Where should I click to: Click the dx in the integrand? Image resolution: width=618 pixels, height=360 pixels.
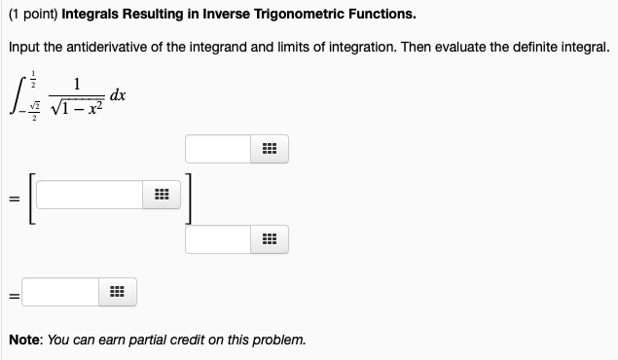click(118, 95)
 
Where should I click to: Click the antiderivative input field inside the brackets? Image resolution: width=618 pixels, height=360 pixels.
click(91, 195)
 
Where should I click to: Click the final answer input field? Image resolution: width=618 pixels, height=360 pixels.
click(59, 291)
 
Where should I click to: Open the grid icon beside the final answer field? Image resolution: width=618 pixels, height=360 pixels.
click(117, 291)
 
